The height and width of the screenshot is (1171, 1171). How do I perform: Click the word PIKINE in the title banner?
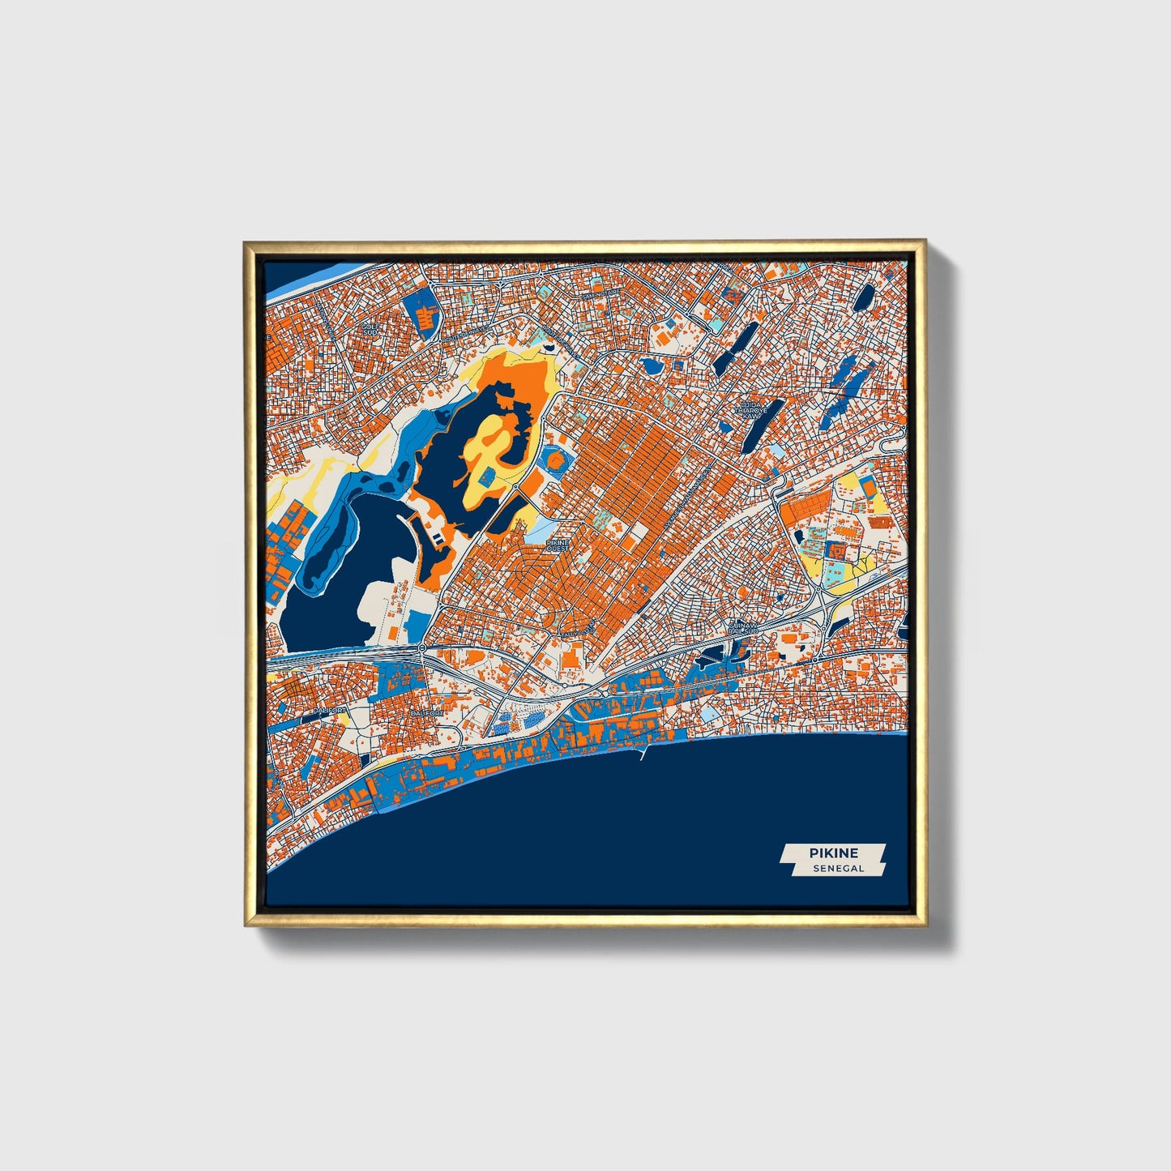pos(832,853)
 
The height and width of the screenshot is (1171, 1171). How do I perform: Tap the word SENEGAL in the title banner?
pos(839,868)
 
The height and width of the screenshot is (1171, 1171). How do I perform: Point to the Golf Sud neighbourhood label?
pos(370,330)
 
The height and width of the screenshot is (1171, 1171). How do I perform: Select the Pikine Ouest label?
pos(558,545)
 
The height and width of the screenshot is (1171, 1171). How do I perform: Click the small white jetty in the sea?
pos(643,754)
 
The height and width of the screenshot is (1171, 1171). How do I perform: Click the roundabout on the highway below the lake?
pos(421,647)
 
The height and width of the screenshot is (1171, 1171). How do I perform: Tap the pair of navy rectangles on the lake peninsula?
pos(437,536)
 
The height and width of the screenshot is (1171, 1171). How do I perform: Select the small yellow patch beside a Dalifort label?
pos(343,718)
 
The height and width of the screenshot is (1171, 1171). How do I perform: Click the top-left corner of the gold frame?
pos(245,241)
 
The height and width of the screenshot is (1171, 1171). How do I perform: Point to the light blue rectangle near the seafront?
pos(711,712)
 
